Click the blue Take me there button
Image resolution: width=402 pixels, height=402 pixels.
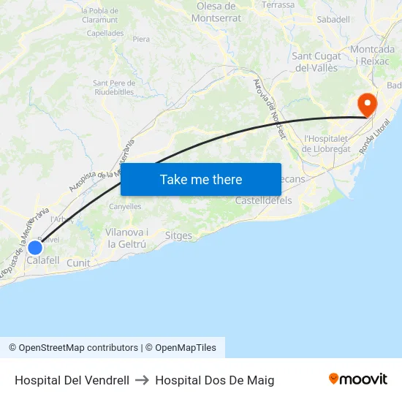click(x=201, y=179)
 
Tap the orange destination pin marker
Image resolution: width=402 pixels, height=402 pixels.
click(x=365, y=105)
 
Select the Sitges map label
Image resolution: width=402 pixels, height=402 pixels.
click(x=178, y=236)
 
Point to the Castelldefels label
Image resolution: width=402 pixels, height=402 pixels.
click(x=263, y=200)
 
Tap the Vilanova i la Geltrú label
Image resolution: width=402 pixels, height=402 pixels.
click(x=128, y=238)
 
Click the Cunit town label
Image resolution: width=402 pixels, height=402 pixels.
click(x=78, y=263)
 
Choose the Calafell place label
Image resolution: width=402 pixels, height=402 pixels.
click(x=43, y=260)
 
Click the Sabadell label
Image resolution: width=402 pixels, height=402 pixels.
click(x=333, y=19)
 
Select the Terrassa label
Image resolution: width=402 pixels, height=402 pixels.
click(x=278, y=5)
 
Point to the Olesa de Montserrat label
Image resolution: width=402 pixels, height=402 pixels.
click(x=216, y=12)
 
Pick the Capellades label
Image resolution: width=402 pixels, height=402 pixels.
click(x=105, y=33)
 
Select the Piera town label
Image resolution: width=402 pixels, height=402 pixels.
click(x=141, y=39)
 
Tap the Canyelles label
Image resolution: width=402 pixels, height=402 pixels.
click(x=125, y=207)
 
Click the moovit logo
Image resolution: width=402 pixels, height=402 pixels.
click(x=357, y=379)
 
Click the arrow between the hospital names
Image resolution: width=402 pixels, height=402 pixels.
click(x=142, y=380)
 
